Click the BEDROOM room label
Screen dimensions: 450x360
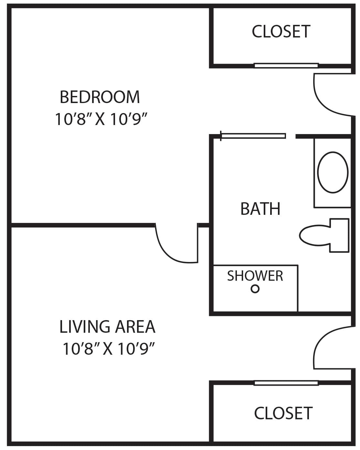coord(100,97)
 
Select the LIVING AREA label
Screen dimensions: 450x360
coord(107,327)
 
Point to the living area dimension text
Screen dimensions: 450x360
coord(107,349)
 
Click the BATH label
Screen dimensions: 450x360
coord(260,209)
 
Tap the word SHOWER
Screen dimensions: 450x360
coord(255,276)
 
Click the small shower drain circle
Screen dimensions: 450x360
coord(255,289)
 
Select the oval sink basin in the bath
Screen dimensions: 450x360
coord(333,173)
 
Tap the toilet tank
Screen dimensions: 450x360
coord(339,235)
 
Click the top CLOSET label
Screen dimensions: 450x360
coord(281,32)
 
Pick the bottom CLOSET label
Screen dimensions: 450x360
coord(283,413)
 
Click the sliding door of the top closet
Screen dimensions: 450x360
coord(286,66)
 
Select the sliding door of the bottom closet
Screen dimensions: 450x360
coord(286,383)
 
